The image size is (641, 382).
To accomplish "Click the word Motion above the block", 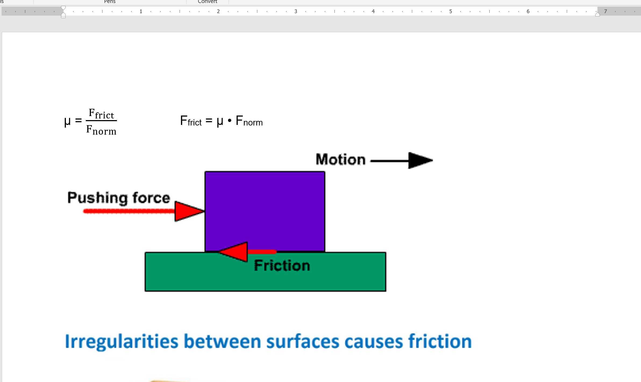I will (x=340, y=160).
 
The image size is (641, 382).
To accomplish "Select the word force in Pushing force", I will (x=151, y=198).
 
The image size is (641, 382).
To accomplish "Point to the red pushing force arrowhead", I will (x=188, y=211).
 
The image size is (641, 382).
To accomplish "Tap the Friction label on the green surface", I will (x=282, y=266).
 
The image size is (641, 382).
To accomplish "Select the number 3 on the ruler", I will (x=296, y=11).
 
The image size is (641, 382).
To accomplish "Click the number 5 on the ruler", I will (x=451, y=11).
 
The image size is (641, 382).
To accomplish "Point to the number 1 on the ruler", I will (x=141, y=11).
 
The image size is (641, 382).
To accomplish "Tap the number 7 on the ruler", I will (x=606, y=11).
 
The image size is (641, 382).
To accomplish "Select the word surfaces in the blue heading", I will (x=302, y=341).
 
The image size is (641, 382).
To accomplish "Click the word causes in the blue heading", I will (x=374, y=341).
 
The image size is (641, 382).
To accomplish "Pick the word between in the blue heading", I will (x=222, y=341).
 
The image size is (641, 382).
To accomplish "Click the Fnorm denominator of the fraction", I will (x=101, y=130).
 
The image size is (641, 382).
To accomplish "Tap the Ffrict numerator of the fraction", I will (x=101, y=114).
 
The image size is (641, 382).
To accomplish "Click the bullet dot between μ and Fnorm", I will (x=229, y=121).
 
